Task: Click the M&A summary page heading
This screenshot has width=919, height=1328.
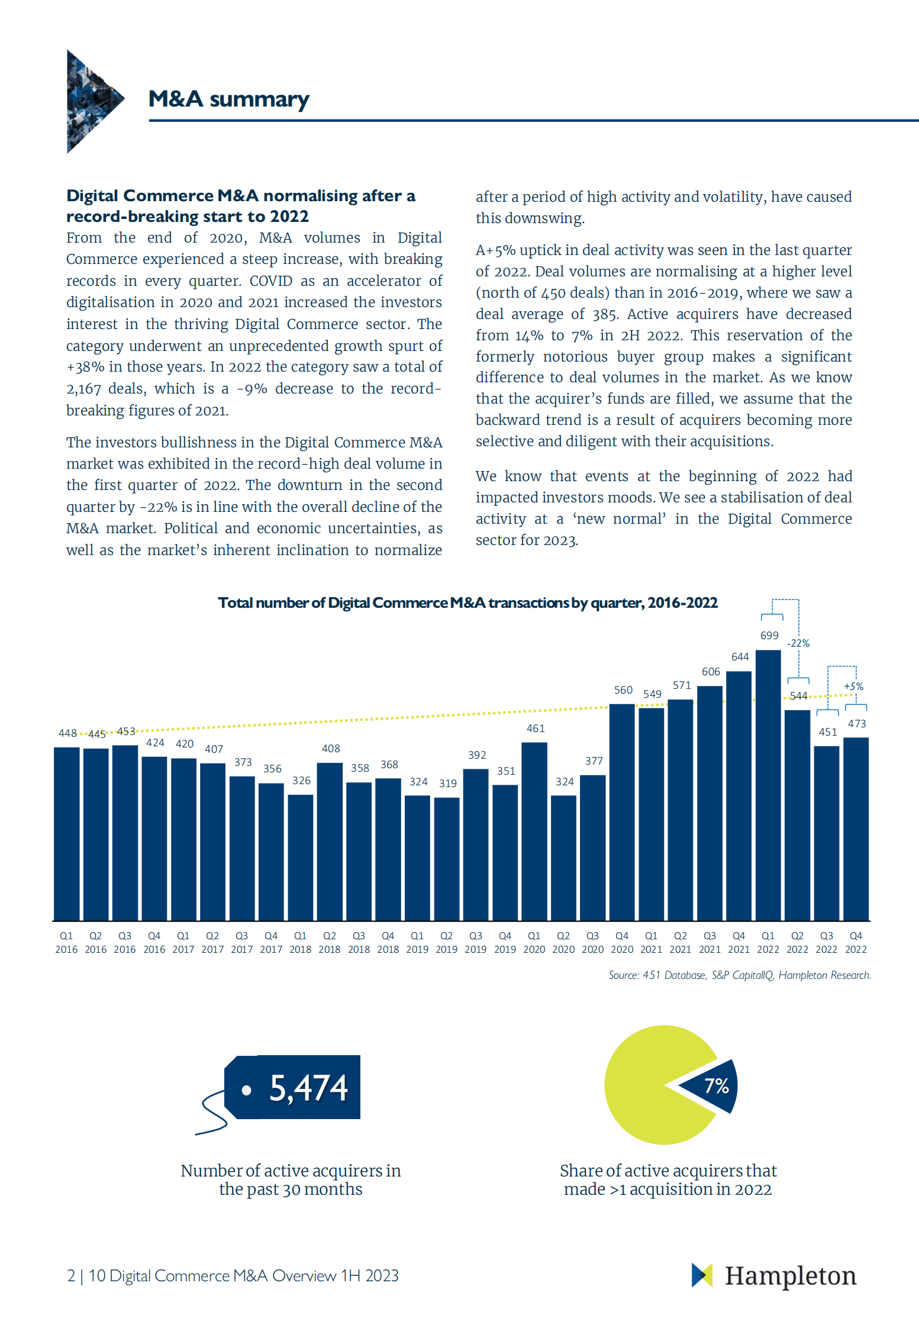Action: pyautogui.click(x=228, y=99)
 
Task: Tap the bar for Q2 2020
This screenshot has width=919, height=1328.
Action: pyautogui.click(x=563, y=858)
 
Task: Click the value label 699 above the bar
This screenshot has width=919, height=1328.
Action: pyautogui.click(x=769, y=636)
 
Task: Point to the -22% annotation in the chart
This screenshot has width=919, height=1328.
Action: pyautogui.click(x=798, y=643)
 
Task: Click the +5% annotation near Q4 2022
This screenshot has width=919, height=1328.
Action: pyautogui.click(x=853, y=686)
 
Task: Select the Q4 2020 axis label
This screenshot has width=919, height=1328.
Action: pyautogui.click(x=622, y=942)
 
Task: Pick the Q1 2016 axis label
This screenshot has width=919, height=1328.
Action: pyautogui.click(x=66, y=942)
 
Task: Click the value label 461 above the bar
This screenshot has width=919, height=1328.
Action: pyautogui.click(x=536, y=729)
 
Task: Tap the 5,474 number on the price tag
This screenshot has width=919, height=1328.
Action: pyautogui.click(x=308, y=1088)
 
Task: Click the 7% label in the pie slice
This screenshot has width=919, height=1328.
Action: pyautogui.click(x=716, y=1086)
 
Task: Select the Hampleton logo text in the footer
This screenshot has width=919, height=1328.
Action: pyautogui.click(x=791, y=1276)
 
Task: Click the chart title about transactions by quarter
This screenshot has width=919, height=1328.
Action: pyautogui.click(x=467, y=603)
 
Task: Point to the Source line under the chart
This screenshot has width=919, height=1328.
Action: pyautogui.click(x=739, y=975)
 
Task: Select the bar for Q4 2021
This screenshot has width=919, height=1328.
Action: pyautogui.click(x=739, y=795)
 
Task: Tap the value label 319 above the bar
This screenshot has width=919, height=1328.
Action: pyautogui.click(x=448, y=784)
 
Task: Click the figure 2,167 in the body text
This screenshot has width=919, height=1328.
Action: pyautogui.click(x=83, y=389)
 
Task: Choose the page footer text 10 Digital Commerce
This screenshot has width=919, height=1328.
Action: pyautogui.click(x=243, y=1276)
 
